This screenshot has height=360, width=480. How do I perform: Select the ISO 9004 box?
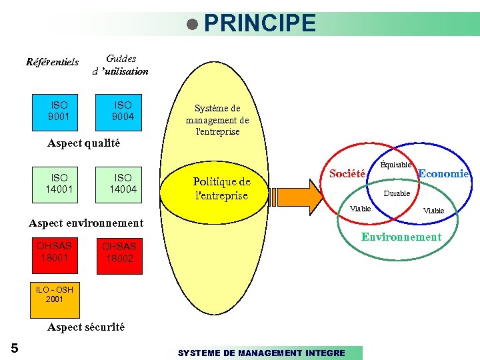(x=123, y=111)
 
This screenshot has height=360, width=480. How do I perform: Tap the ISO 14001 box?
(x=59, y=183)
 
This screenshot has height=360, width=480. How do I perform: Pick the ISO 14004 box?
(x=123, y=183)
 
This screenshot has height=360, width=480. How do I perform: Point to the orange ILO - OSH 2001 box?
(x=55, y=299)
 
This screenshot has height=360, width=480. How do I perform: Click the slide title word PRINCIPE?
(x=260, y=23)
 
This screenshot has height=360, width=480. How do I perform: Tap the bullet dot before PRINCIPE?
(x=193, y=25)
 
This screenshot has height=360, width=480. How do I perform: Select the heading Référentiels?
(x=52, y=63)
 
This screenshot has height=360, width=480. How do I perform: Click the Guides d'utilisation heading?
(x=121, y=65)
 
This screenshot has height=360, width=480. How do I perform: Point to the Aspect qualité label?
(x=84, y=143)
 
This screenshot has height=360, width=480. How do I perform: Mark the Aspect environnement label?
(x=87, y=223)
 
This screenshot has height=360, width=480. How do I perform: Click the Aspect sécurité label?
(x=86, y=327)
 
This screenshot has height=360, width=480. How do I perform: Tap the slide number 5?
(x=15, y=347)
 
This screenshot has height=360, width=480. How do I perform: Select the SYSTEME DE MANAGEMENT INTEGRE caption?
(x=261, y=353)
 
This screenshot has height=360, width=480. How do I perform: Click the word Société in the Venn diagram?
(x=348, y=174)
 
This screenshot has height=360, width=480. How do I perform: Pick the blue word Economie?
(x=443, y=173)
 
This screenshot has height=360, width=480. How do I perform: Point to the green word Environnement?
(x=401, y=237)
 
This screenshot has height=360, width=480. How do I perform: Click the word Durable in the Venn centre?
(x=397, y=193)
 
